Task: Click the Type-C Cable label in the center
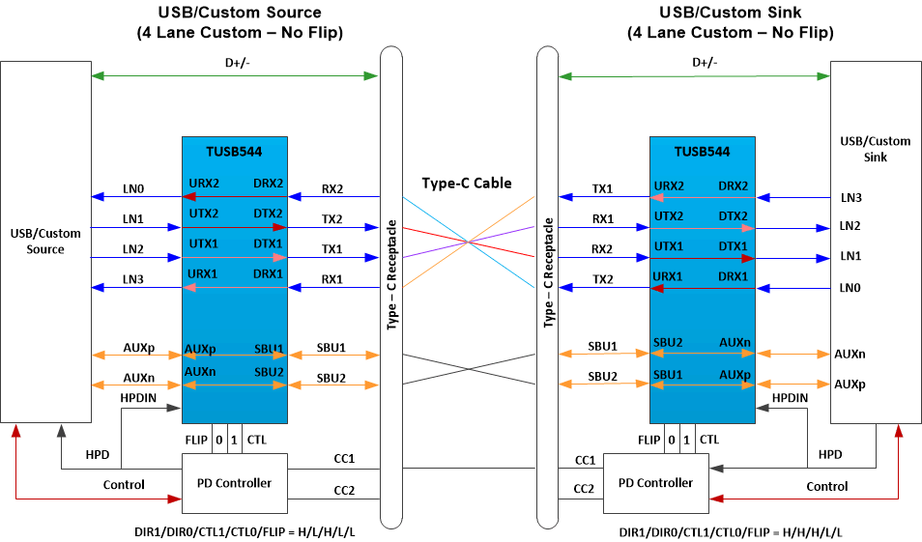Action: [467, 183]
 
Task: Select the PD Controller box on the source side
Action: [234, 483]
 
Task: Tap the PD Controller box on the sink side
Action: [654, 483]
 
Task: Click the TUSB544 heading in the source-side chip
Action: [234, 152]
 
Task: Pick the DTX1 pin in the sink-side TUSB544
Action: [734, 246]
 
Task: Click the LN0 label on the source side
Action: [132, 189]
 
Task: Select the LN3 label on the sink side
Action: [850, 198]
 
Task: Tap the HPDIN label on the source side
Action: [139, 397]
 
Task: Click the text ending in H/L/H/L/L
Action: [245, 532]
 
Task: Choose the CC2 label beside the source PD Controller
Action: [343, 491]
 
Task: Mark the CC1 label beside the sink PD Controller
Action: [585, 461]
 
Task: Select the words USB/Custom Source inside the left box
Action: [45, 242]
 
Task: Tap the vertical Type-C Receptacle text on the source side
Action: [392, 274]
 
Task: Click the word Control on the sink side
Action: [826, 486]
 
